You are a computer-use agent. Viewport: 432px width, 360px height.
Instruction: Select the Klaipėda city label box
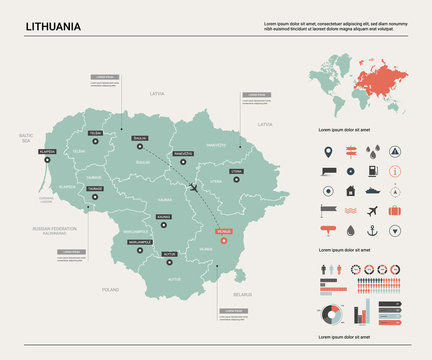click(x=46, y=151)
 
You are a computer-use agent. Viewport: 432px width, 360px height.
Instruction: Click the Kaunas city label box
click(x=164, y=215)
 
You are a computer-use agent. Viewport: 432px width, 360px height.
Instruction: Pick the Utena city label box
click(x=236, y=171)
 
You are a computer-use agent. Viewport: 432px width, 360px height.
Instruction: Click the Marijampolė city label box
click(x=137, y=242)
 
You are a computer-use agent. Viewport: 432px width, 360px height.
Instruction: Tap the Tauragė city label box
click(x=95, y=188)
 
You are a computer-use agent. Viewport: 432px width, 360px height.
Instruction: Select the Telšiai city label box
click(x=95, y=132)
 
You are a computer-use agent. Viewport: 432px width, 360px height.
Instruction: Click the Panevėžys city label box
click(x=182, y=154)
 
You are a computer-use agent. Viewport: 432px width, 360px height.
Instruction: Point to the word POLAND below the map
click(x=110, y=289)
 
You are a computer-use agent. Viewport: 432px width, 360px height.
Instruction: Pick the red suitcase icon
click(x=395, y=211)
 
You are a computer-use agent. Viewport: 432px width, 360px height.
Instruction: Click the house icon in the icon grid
click(x=350, y=191)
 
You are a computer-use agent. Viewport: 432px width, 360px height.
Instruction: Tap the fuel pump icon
click(x=373, y=172)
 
